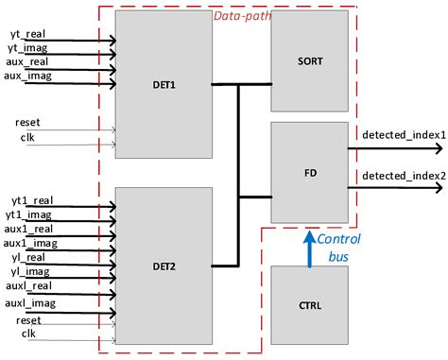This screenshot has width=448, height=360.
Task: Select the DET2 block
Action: [x=162, y=266]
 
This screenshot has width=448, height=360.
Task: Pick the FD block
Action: [x=309, y=173]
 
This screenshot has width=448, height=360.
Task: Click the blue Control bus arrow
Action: [x=309, y=245]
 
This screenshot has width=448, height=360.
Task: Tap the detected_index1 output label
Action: [x=403, y=135]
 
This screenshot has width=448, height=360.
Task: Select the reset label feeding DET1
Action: [x=27, y=123]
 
